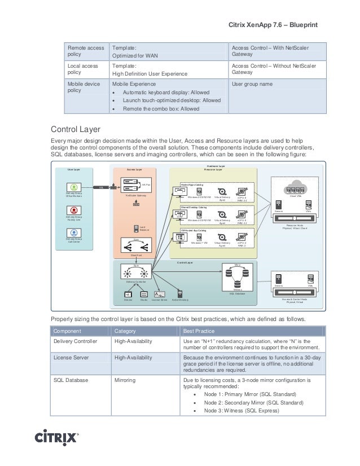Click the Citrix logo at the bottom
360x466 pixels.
(x=57, y=438)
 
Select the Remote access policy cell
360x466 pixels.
(x=78, y=51)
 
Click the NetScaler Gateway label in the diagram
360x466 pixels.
(x=135, y=195)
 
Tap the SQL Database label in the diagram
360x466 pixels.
(x=238, y=293)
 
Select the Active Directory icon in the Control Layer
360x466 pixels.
(x=179, y=293)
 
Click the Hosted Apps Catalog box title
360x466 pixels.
(x=192, y=184)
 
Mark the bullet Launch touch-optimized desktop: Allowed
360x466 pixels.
(x=172, y=100)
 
